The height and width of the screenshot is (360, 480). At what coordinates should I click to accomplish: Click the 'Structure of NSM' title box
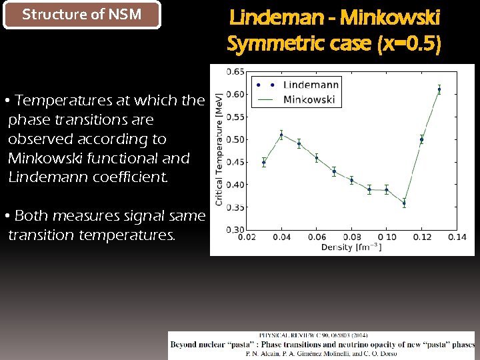pyautogui.click(x=82, y=15)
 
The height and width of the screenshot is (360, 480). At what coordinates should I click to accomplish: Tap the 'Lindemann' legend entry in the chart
pyautogui.click(x=311, y=85)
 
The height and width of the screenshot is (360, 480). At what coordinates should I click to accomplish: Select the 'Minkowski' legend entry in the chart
pyautogui.click(x=309, y=99)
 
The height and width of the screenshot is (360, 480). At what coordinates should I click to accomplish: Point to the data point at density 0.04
pyautogui.click(x=281, y=135)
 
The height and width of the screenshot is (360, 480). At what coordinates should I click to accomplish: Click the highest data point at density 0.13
pyautogui.click(x=439, y=89)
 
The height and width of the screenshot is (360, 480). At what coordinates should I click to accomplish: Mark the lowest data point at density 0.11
pyautogui.click(x=404, y=203)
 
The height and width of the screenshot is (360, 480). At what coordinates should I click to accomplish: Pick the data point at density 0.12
pyautogui.click(x=421, y=140)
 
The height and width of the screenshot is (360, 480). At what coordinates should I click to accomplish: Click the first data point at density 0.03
pyautogui.click(x=264, y=162)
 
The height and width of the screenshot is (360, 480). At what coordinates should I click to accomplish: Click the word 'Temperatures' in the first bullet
pyautogui.click(x=63, y=101)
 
